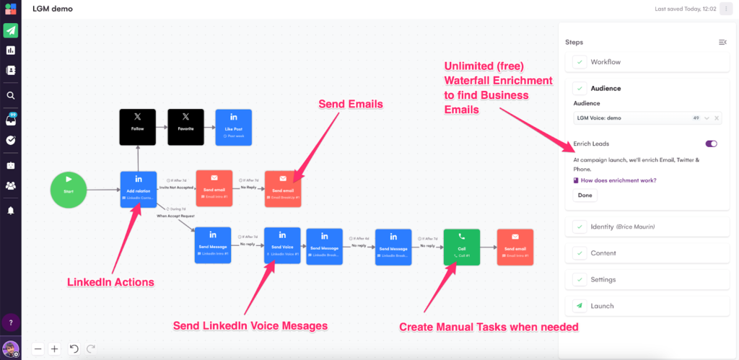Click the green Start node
pyautogui.click(x=69, y=190)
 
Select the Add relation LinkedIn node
pyautogui.click(x=138, y=190)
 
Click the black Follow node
pyautogui.click(x=138, y=127)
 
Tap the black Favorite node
pyautogui.click(x=185, y=127)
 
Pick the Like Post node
pyautogui.click(x=233, y=127)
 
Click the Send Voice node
pyautogui.click(x=282, y=245)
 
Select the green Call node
pyautogui.click(x=462, y=247)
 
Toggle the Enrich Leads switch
pyautogui.click(x=711, y=144)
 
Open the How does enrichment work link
pyautogui.click(x=619, y=180)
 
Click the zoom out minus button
pyautogui.click(x=38, y=348)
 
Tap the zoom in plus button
pyautogui.click(x=54, y=348)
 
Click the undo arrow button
pyautogui.click(x=74, y=348)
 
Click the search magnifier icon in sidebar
pyautogui.click(x=11, y=95)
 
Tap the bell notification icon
pyautogui.click(x=11, y=211)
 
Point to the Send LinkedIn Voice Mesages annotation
pyautogui.click(x=250, y=326)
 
